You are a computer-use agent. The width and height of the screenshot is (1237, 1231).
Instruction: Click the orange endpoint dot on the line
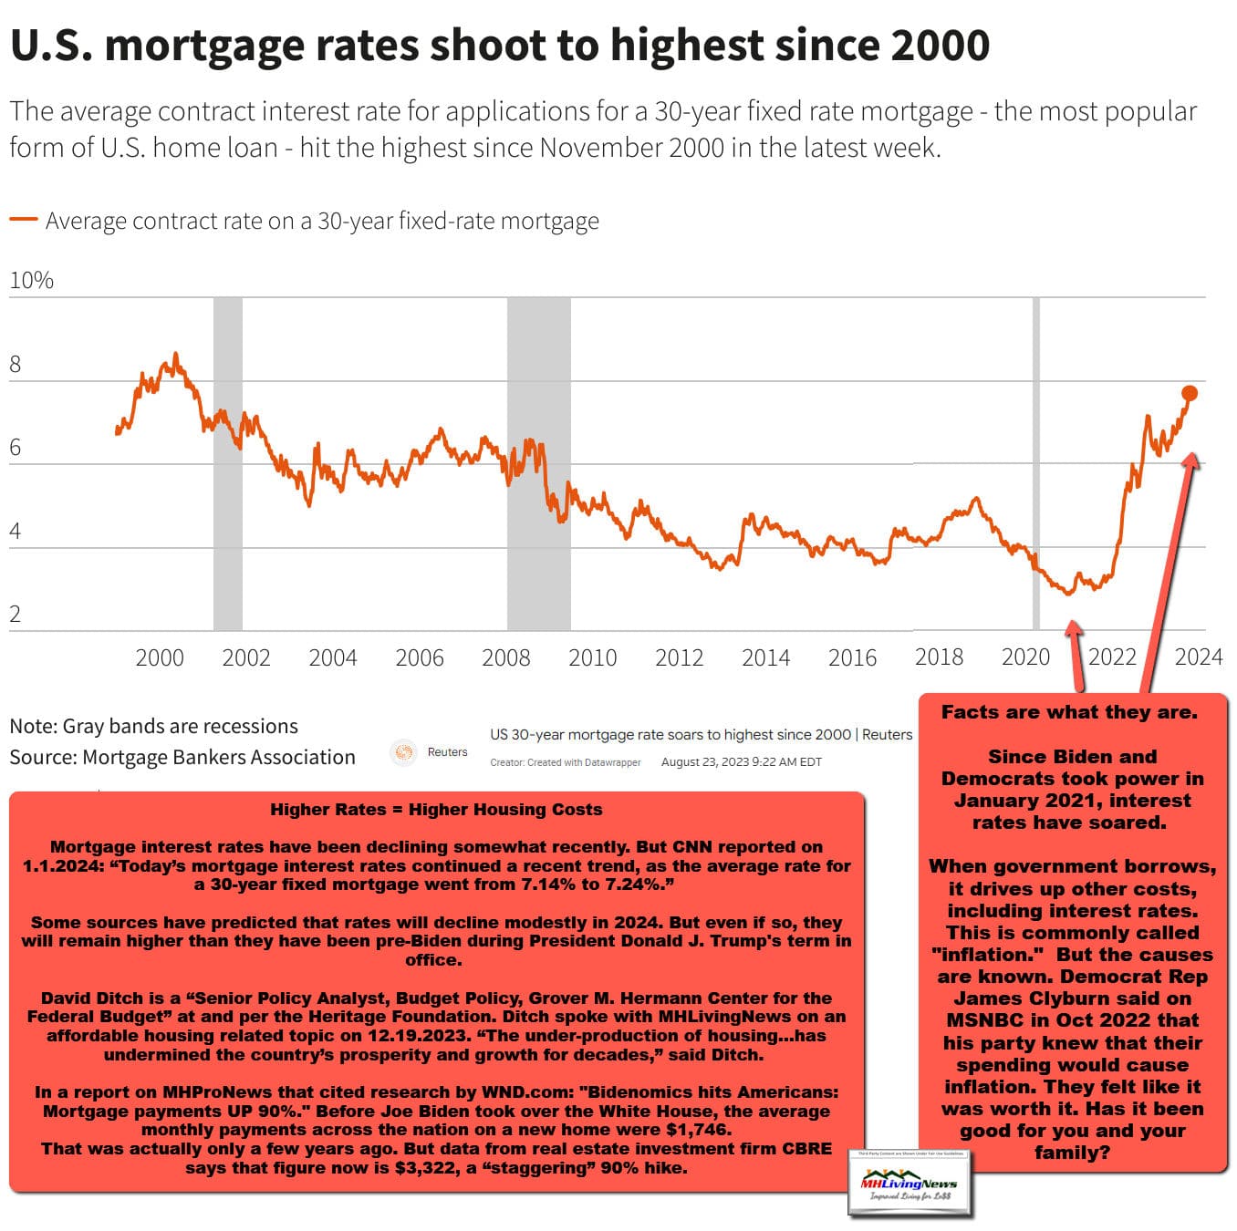click(x=1189, y=393)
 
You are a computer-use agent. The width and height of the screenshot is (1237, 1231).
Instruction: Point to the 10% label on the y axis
click(x=31, y=280)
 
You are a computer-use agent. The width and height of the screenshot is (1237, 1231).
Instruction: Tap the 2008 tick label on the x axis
click(x=505, y=657)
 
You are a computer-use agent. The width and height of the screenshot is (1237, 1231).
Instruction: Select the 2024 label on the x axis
click(x=1198, y=657)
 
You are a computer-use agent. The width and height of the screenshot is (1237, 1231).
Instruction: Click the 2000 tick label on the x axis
click(x=160, y=657)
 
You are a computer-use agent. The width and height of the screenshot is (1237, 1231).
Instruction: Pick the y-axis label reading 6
click(x=16, y=448)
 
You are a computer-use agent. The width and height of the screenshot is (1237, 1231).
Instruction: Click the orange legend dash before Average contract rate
click(x=23, y=220)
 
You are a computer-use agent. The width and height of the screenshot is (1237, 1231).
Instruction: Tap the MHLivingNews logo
click(x=909, y=1184)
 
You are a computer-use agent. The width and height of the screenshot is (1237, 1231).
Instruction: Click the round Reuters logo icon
click(x=402, y=752)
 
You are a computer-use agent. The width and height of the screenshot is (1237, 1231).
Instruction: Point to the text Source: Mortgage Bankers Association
click(x=182, y=757)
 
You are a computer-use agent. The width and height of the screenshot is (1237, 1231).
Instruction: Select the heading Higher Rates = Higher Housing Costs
click(x=436, y=810)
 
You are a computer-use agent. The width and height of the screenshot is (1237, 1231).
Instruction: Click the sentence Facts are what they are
click(x=1069, y=712)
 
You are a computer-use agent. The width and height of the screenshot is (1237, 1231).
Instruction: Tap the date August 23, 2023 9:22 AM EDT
click(x=741, y=762)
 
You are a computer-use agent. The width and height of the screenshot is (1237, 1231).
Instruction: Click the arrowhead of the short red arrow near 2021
click(x=1074, y=628)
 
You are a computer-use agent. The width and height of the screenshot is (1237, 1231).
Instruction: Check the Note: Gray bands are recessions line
click(x=153, y=726)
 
